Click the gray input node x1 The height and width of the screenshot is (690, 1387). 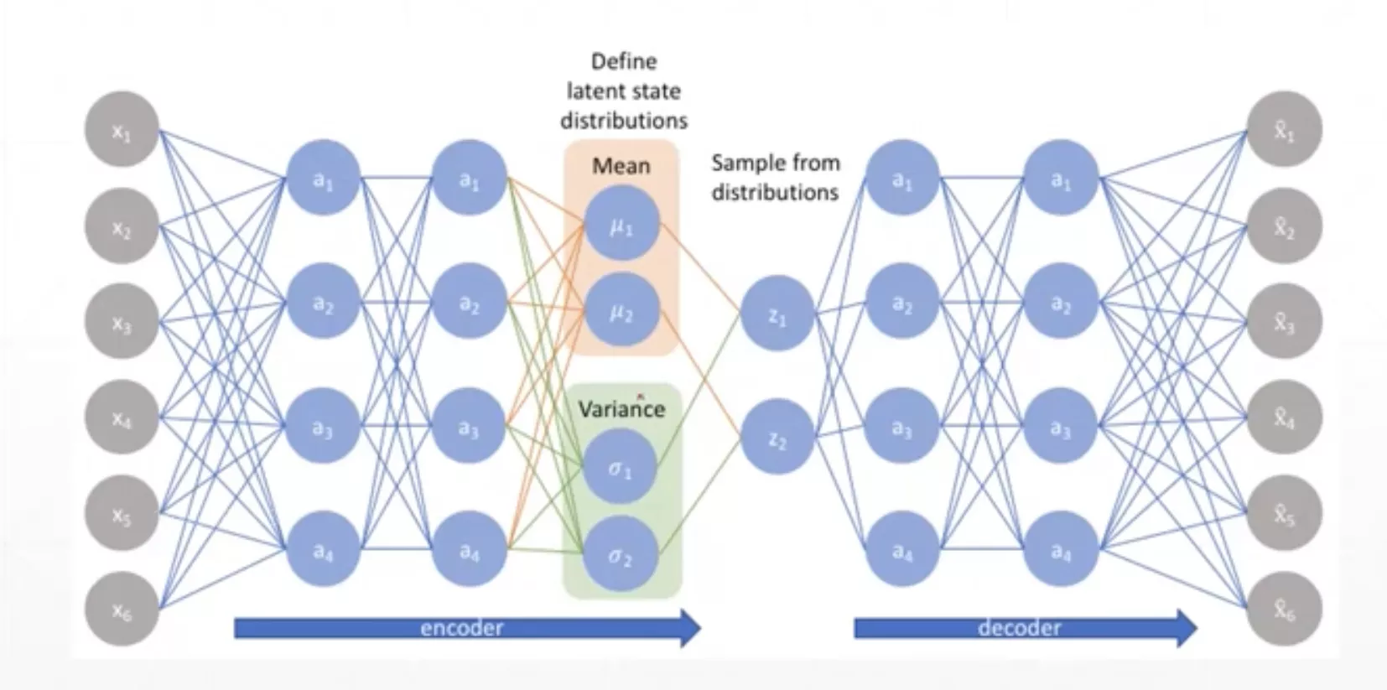(122, 130)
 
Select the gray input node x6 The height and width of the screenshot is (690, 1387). (122, 610)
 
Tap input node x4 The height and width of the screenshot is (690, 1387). (122, 418)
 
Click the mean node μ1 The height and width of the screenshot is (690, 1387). (621, 224)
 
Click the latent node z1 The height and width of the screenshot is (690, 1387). (777, 314)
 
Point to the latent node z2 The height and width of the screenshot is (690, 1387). (777, 438)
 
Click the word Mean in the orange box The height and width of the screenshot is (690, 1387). (621, 165)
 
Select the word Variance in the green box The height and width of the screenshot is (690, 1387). (621, 409)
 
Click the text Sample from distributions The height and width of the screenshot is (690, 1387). (776, 177)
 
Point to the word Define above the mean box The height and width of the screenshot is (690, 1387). (624, 61)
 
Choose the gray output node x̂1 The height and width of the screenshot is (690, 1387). (1284, 130)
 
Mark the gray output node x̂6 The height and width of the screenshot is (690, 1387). (1284, 610)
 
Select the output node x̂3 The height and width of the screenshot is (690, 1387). (1284, 322)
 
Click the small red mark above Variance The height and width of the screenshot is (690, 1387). (641, 394)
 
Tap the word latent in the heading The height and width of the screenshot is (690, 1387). (594, 91)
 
